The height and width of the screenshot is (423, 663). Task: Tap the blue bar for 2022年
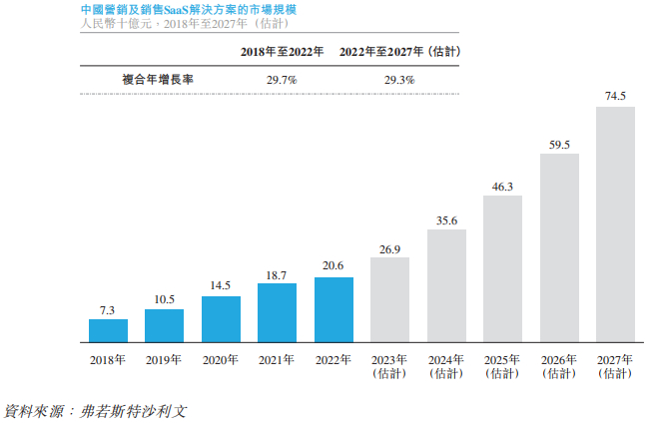333,310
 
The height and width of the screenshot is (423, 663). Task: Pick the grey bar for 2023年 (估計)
389,300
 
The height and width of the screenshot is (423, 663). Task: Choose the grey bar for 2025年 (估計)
502,269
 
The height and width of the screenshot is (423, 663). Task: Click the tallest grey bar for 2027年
615,224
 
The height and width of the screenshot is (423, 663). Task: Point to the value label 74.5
615,97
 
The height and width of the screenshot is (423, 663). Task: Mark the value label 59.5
559,145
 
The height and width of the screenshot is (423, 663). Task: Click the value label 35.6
446,220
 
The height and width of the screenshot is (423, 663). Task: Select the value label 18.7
277,274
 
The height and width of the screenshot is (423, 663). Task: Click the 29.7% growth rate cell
282,79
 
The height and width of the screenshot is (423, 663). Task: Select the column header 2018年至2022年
282,51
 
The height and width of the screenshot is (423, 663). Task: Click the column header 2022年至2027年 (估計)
406,51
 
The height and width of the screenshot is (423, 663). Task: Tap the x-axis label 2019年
164,359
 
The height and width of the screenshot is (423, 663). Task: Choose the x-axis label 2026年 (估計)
559,365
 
